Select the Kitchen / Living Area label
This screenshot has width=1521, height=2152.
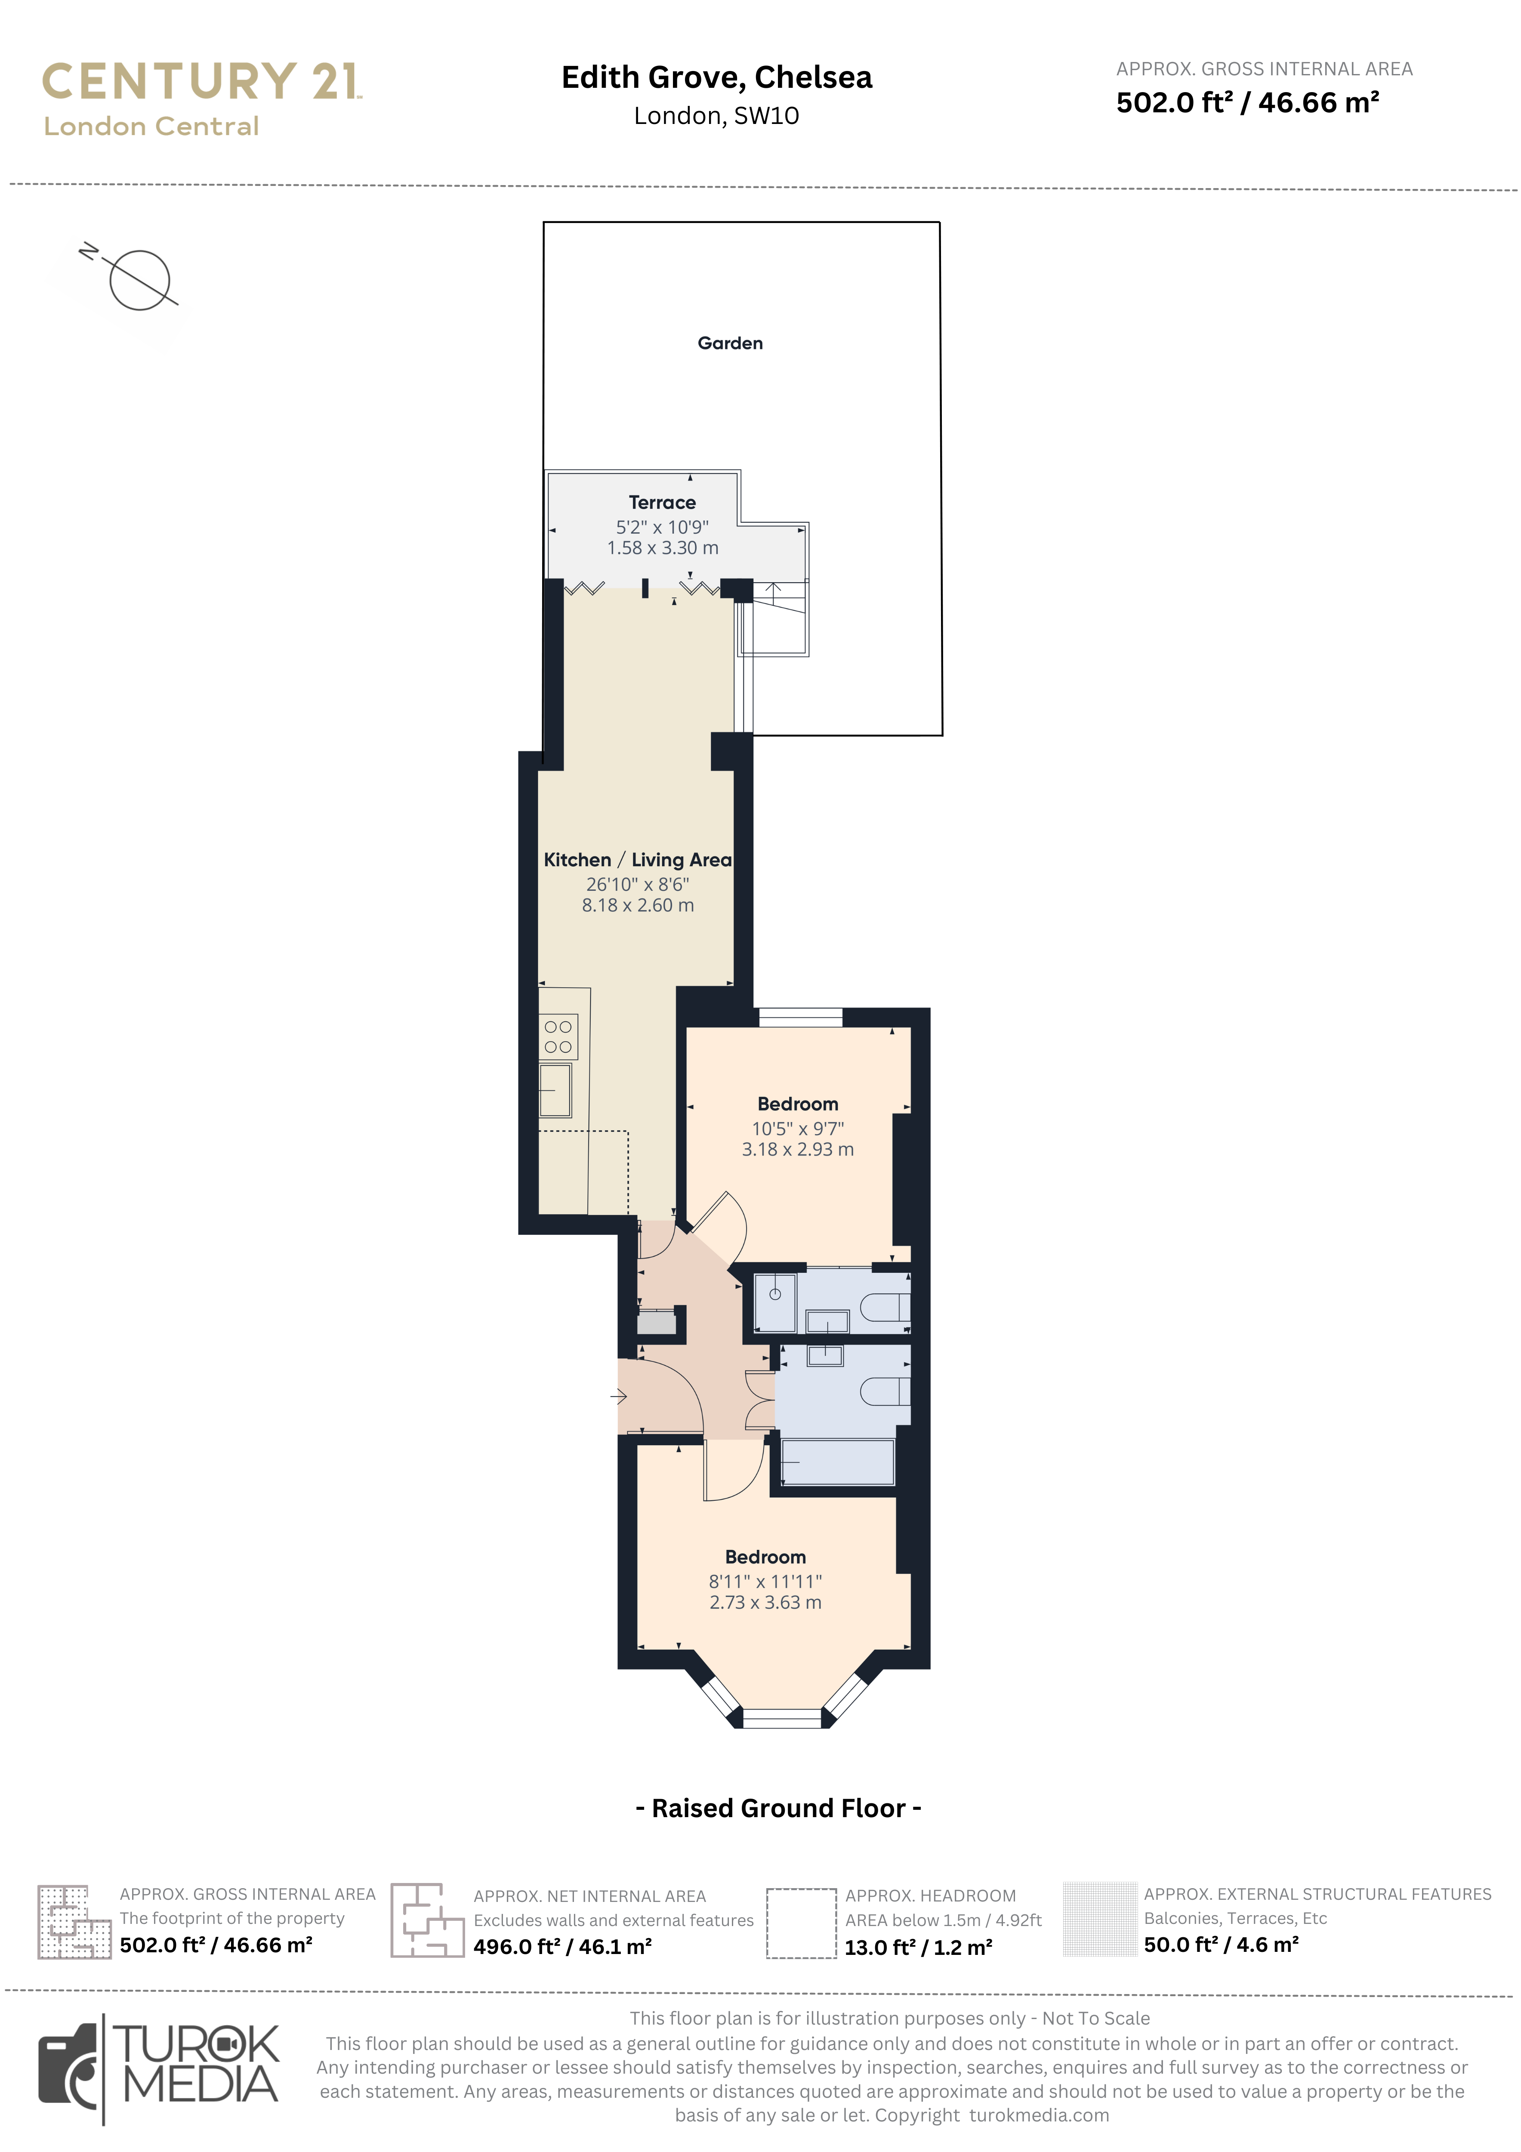click(x=637, y=860)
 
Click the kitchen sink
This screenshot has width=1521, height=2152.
click(x=555, y=1090)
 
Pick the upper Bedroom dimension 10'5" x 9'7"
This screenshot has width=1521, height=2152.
click(x=798, y=1129)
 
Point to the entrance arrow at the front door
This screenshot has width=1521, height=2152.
click(x=619, y=1397)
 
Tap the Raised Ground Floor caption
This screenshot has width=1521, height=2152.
click(x=778, y=1808)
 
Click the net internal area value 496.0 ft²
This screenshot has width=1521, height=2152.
click(x=562, y=1947)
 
